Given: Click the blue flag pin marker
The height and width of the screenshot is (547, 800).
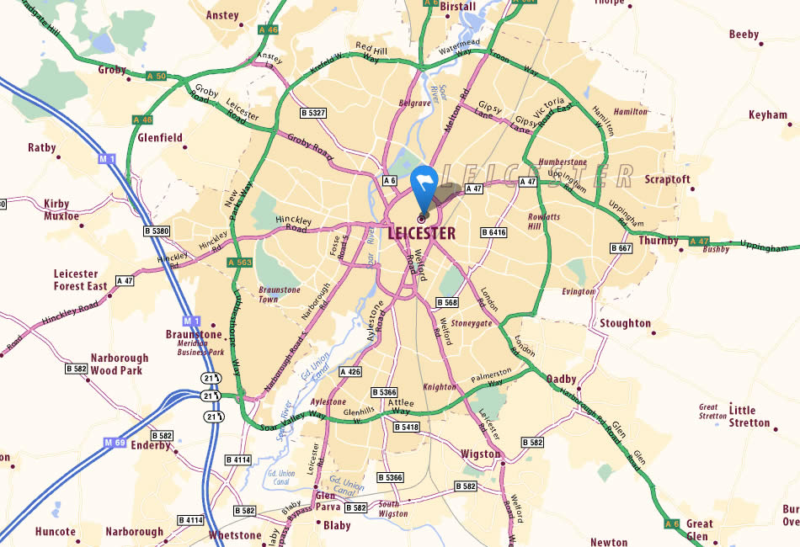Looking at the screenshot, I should tap(423, 187).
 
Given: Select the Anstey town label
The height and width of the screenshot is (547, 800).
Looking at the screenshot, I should tap(222, 15).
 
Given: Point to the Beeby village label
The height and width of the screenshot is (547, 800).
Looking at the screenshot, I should tap(744, 35).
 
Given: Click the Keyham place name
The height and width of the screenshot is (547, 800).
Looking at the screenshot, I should tap(767, 115).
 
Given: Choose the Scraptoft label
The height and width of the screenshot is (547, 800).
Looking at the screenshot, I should tap(667, 179).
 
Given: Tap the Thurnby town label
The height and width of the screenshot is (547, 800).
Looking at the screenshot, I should tap(659, 240).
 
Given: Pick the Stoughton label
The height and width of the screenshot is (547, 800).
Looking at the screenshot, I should tap(625, 323).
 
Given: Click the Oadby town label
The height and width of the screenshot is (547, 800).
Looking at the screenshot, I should tap(561, 379).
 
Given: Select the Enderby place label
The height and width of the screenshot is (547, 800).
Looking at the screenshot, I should tap(151, 445).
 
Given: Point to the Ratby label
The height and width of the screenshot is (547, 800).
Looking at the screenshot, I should tap(42, 147).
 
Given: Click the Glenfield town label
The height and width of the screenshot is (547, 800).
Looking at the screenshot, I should tap(160, 137).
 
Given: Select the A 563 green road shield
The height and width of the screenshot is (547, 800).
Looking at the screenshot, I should tap(240, 263).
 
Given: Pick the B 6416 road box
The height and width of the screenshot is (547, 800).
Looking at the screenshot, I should tap(494, 231).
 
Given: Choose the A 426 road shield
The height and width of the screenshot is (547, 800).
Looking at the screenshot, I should tap(350, 371).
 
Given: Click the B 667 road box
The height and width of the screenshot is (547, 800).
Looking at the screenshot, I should tap(621, 248).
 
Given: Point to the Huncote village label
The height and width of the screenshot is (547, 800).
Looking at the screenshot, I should tap(56, 532).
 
